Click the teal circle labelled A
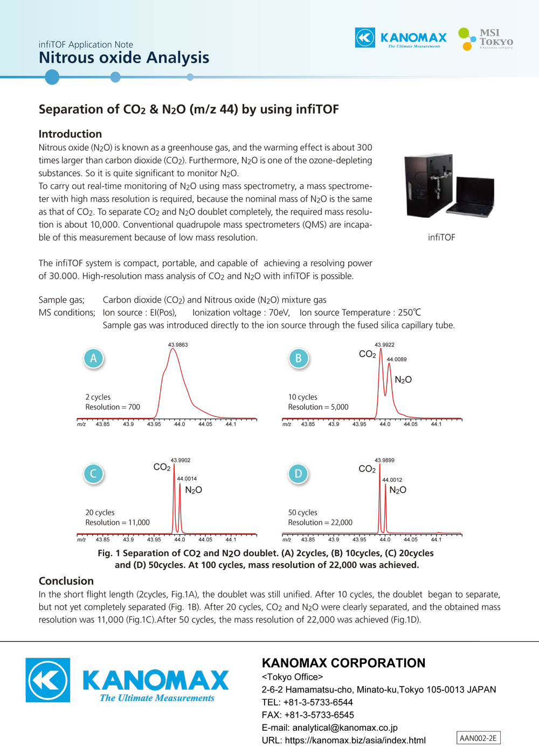point(93,358)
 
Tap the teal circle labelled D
point(298,474)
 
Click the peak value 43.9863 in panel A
point(178,344)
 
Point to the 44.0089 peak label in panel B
point(397,359)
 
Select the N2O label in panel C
point(194,490)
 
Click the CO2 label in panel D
point(367,469)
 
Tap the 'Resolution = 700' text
point(113,407)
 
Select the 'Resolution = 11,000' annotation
point(117,522)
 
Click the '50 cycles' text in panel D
point(302,512)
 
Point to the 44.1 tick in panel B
point(436,424)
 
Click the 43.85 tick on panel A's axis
point(102,424)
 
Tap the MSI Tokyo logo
point(486,39)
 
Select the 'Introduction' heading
point(70,134)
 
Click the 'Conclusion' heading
point(66,581)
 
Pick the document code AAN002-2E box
point(478,738)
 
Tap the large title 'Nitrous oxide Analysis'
point(124,58)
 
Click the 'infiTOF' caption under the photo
point(441,238)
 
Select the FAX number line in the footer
point(308,715)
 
